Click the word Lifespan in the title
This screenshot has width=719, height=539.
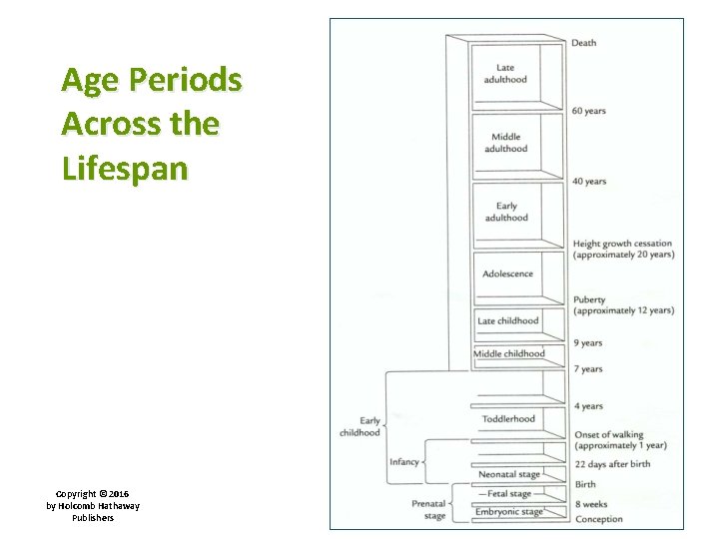[x=125, y=168]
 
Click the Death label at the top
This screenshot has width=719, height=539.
[x=584, y=43]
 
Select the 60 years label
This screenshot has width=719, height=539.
[x=589, y=111]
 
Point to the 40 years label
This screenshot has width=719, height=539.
[x=589, y=181]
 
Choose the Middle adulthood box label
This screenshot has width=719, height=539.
[x=506, y=143]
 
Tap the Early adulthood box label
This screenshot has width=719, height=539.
[x=506, y=212]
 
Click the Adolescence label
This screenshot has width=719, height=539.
[x=507, y=273]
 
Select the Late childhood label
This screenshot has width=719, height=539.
[x=507, y=320]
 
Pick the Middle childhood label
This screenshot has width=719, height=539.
[x=508, y=353]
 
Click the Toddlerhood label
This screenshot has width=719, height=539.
[x=508, y=419]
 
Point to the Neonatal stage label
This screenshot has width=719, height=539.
[x=508, y=474]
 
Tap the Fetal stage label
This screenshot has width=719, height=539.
[x=509, y=493]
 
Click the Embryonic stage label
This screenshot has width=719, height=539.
[x=508, y=512]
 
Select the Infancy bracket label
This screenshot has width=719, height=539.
[x=403, y=462]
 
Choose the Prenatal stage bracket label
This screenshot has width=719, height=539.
[x=428, y=510]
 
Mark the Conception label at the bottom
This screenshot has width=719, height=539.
[x=598, y=519]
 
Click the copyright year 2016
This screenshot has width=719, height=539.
[x=120, y=494]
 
